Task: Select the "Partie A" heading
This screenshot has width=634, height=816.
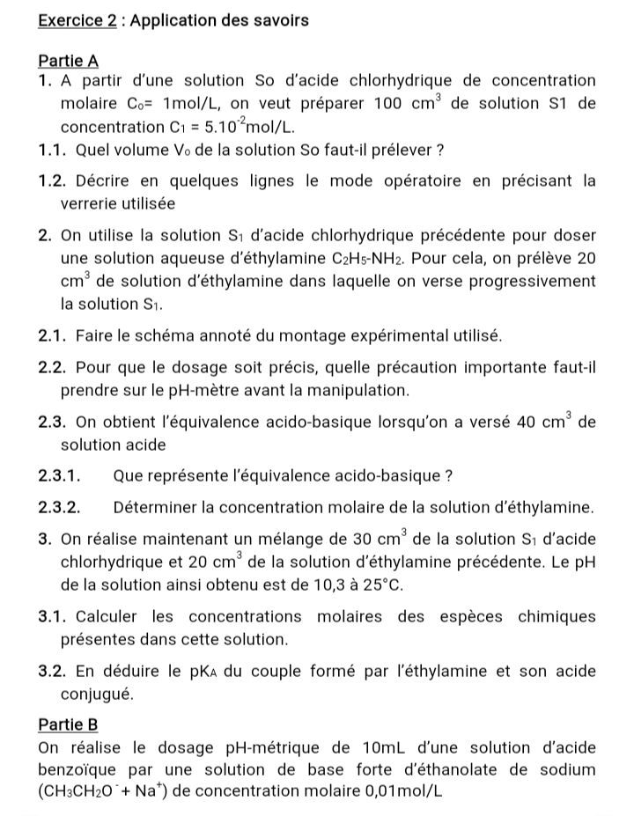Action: tap(69, 61)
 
